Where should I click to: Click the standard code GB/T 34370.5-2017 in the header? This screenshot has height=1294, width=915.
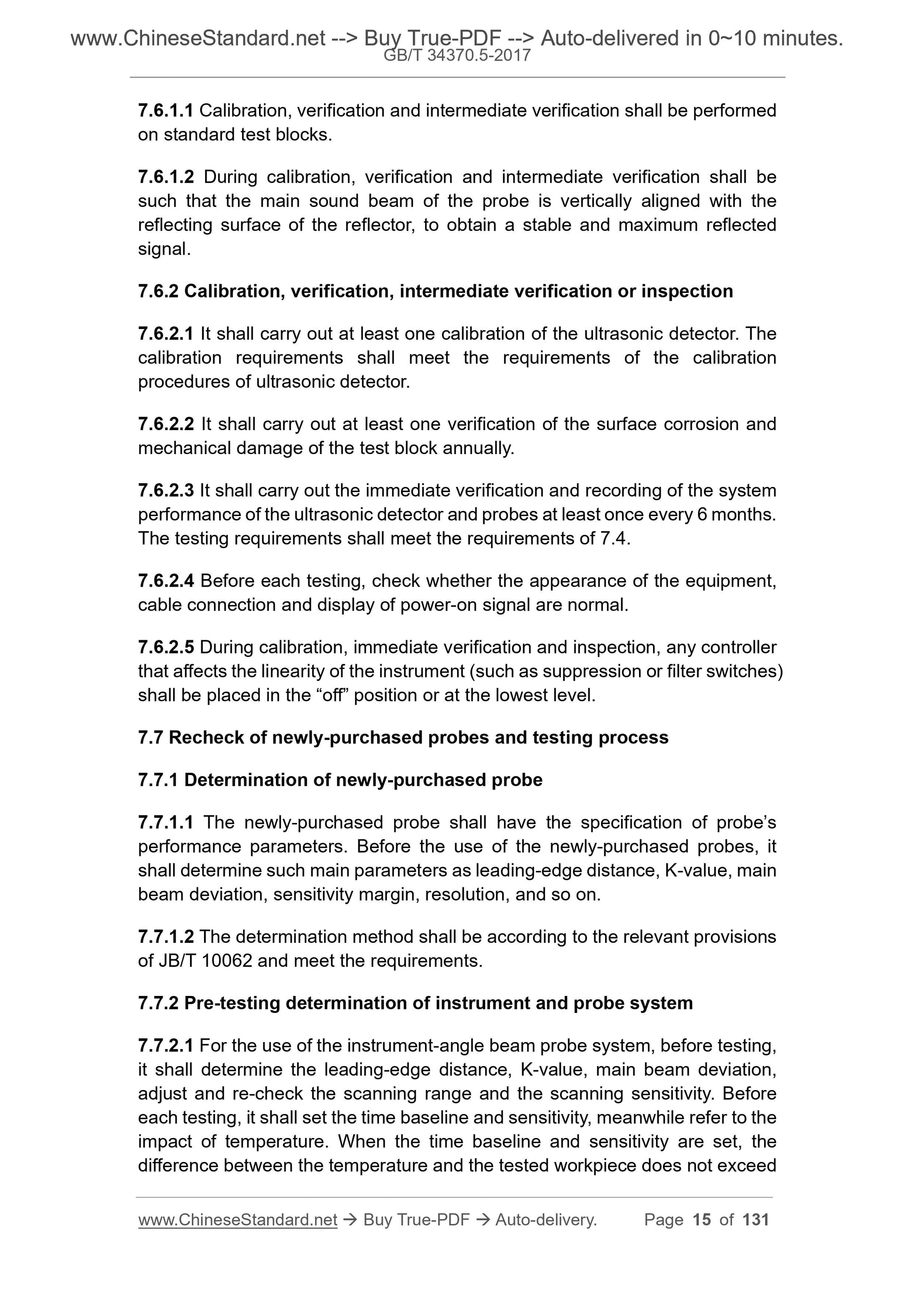click(x=457, y=55)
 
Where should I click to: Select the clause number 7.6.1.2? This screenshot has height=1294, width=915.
click(x=166, y=177)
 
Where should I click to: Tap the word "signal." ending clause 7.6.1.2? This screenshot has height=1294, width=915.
click(x=164, y=249)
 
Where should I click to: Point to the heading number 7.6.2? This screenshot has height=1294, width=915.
click(x=158, y=291)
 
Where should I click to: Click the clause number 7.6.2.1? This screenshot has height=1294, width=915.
click(x=166, y=334)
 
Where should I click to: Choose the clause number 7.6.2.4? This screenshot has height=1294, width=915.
click(x=166, y=580)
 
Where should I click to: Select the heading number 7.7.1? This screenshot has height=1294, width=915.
click(x=158, y=780)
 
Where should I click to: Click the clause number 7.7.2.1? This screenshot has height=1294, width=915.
click(x=166, y=1045)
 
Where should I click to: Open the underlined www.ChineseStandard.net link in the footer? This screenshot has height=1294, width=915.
click(x=237, y=1220)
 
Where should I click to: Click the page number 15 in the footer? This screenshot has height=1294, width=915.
click(x=702, y=1220)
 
